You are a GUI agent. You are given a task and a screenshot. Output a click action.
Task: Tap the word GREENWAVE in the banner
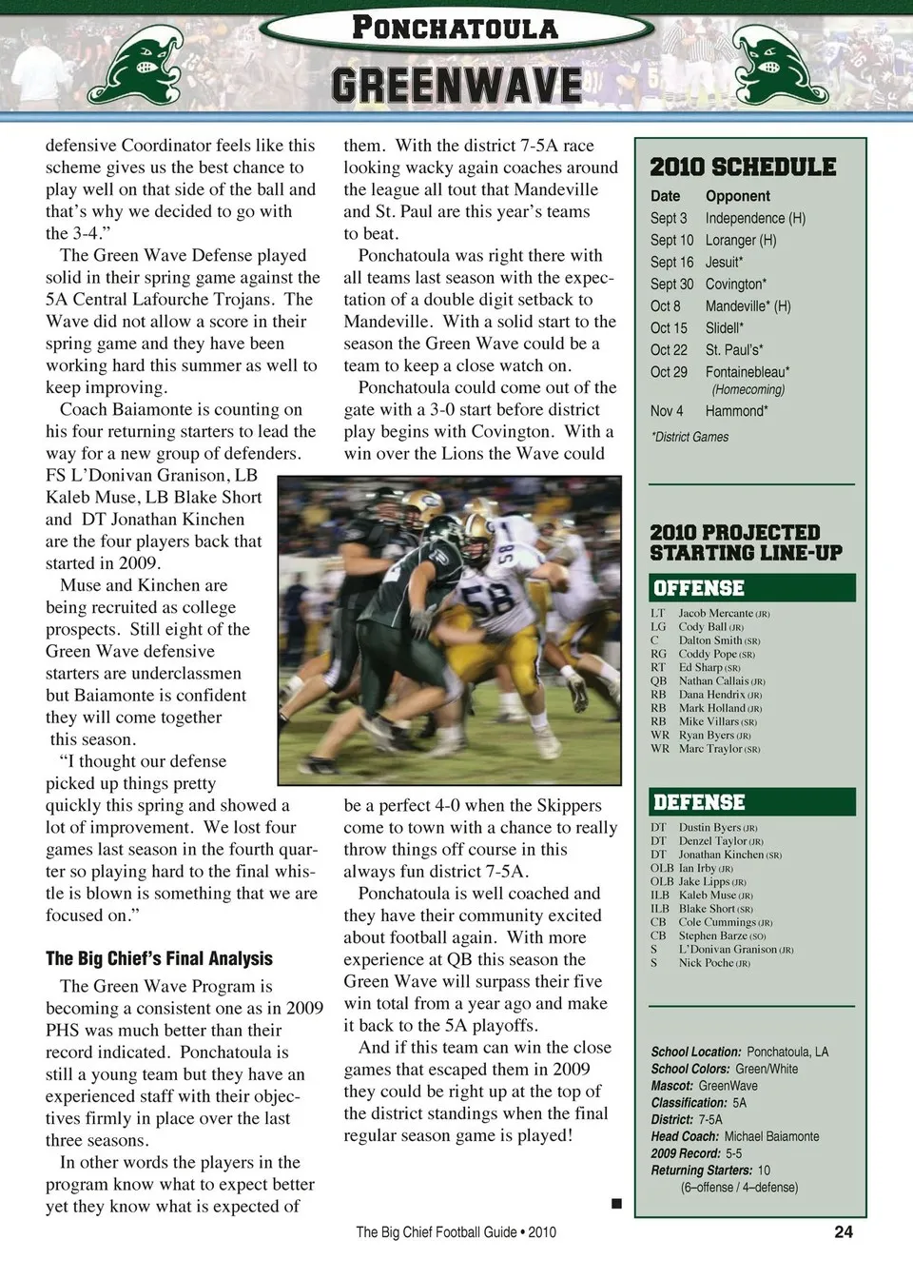(x=456, y=86)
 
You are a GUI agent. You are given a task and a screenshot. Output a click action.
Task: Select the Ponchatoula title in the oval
(x=456, y=28)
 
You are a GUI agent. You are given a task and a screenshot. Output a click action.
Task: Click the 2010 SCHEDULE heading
(x=743, y=167)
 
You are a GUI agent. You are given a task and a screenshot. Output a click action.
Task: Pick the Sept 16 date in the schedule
(x=671, y=262)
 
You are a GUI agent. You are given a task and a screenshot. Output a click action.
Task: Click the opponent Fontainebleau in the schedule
(x=748, y=372)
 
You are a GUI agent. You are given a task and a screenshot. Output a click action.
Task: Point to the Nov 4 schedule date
(x=666, y=411)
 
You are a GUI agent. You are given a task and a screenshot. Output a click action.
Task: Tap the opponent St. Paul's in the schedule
(x=733, y=350)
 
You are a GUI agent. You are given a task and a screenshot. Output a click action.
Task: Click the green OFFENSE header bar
(x=751, y=588)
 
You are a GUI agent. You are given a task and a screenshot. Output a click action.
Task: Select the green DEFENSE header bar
(x=751, y=802)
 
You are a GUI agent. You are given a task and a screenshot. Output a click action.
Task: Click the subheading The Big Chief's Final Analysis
(x=159, y=959)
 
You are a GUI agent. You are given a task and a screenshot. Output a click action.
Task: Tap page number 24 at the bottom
(x=843, y=1231)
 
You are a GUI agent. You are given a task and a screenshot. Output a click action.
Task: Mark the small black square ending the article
(x=616, y=1204)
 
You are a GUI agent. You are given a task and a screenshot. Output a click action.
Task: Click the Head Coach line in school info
(x=734, y=1136)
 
